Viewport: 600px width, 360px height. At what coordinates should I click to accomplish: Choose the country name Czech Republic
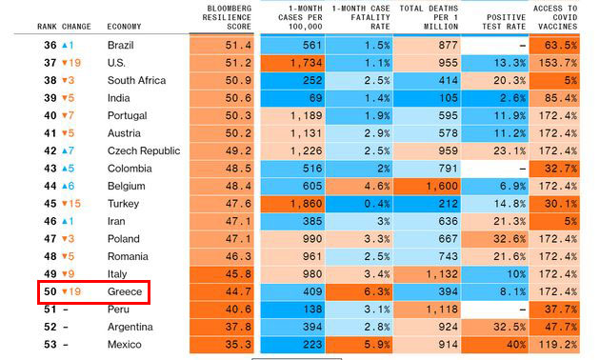pos(144,150)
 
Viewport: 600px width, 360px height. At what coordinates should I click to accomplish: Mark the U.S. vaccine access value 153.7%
pos(557,62)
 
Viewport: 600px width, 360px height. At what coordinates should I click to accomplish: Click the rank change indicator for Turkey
pos(70,204)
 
